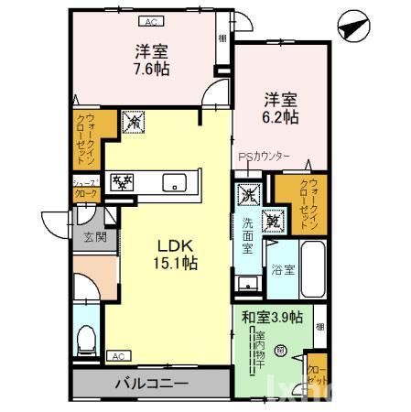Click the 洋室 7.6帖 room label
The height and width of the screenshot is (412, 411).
point(150,60)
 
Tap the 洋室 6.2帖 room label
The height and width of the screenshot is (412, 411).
point(281,107)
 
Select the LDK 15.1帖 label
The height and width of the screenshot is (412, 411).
point(173,254)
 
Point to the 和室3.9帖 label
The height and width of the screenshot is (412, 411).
point(272,317)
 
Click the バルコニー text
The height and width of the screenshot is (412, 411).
point(151,383)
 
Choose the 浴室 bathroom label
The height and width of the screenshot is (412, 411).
point(282,269)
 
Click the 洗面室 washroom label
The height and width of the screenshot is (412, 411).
point(248,236)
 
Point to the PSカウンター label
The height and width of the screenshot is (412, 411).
point(265,157)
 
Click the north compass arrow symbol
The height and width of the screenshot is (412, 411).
point(353,27)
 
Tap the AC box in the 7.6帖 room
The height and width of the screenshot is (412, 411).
point(150,22)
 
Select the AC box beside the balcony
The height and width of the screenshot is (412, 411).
point(117,355)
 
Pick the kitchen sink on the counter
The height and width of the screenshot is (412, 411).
point(172,182)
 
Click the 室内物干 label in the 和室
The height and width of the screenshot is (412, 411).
point(260,352)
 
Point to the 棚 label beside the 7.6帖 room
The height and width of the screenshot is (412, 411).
point(222,38)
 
